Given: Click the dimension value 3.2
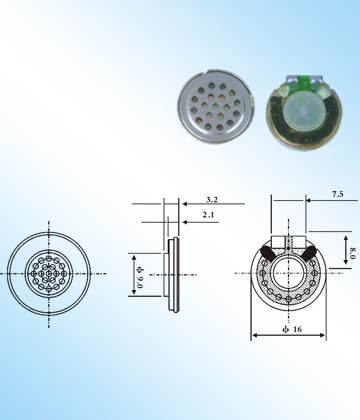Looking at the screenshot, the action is coord(212,199).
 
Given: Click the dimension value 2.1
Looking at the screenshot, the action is coord(209,215).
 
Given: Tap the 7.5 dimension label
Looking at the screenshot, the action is coord(337,194).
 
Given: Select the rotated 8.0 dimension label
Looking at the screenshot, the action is coord(353,252).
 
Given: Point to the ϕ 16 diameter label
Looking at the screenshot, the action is coord(292,329).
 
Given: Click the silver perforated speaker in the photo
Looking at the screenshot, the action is coord(215,106).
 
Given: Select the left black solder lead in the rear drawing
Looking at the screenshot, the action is coord(267,252).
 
